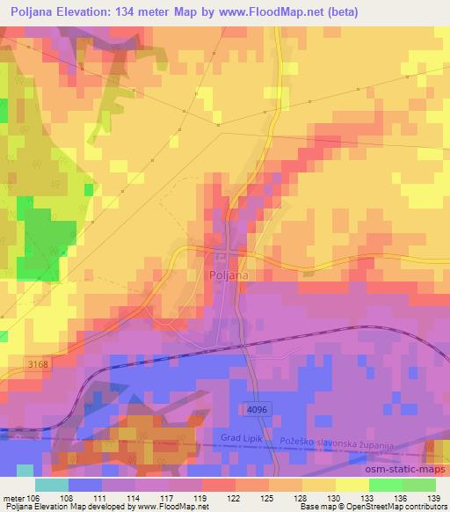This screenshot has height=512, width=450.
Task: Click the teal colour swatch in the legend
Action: click(x=52, y=485)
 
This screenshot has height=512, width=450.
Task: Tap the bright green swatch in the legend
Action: click(x=386, y=485)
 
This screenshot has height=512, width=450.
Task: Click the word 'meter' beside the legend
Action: click(x=12, y=499)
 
